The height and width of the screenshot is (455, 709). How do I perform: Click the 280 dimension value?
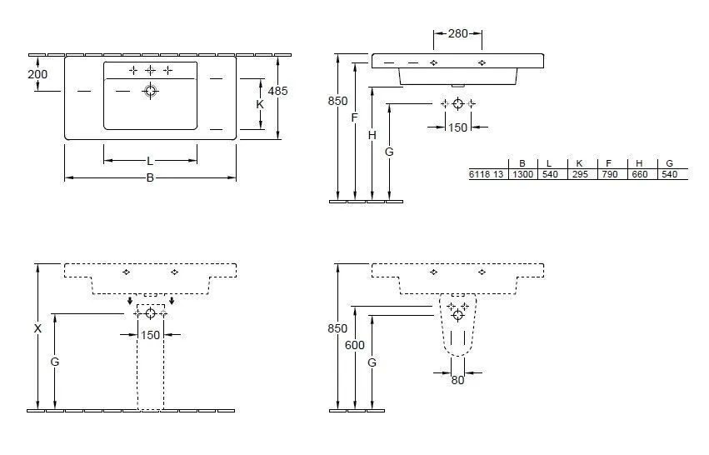pos(457,34)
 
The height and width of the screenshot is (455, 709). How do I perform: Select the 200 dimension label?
pos(37,74)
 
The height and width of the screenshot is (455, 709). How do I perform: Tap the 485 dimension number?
pos(277,92)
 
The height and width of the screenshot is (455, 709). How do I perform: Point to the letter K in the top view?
pos(260,105)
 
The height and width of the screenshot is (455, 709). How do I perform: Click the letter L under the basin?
pos(150,160)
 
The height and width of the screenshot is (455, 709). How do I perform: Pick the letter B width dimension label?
pos(150,177)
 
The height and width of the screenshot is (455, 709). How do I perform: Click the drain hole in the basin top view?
pos(151,92)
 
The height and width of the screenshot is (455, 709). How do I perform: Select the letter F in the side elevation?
pos(354,117)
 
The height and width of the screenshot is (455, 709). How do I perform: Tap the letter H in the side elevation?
pos(372,134)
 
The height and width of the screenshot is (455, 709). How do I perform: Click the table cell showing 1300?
pos(522,174)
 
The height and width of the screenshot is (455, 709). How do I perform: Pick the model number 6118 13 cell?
pos(486,174)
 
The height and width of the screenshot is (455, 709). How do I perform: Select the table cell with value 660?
pos(639,174)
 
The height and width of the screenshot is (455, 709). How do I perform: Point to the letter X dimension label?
pos(37,329)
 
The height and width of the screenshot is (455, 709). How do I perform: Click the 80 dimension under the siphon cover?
pos(457,381)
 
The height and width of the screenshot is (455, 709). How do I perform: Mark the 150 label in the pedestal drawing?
pos(150,335)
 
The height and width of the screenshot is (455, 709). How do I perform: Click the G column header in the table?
pos(669,163)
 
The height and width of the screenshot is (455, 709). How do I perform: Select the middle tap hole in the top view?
pos(151,71)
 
